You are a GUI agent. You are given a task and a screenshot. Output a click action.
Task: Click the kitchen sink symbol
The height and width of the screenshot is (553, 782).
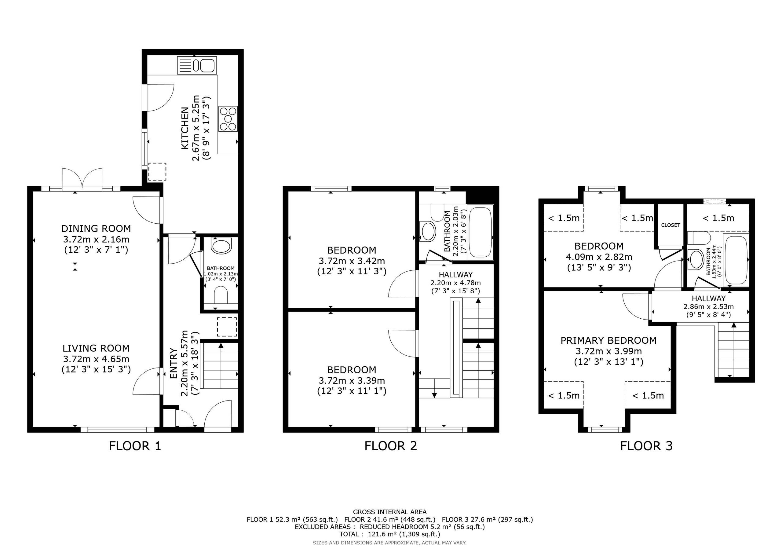(197, 65)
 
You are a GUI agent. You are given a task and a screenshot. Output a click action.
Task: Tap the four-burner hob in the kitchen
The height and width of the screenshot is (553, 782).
(228, 119)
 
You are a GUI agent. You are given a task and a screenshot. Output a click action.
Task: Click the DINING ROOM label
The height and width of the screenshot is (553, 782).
(96, 228)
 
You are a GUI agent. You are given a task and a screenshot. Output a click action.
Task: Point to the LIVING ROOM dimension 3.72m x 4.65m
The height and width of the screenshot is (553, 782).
(96, 359)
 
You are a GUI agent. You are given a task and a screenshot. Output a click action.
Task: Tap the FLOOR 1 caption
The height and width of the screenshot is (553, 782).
(135, 446)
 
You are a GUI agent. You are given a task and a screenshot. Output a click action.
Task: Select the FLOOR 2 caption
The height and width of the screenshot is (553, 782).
(391, 446)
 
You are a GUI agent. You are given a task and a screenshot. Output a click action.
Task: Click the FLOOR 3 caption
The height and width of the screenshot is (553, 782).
(646, 446)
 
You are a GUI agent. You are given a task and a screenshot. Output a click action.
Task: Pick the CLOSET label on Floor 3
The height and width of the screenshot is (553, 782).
(671, 225)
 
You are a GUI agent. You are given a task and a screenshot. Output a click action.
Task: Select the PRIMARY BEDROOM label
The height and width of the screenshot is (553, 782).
(608, 340)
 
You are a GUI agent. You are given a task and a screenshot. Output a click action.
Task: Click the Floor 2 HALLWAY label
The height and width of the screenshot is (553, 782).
(456, 274)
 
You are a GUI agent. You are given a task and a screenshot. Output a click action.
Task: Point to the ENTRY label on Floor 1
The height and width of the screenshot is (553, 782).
(174, 363)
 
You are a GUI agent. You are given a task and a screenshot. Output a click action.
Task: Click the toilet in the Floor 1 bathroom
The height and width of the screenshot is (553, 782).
(221, 295)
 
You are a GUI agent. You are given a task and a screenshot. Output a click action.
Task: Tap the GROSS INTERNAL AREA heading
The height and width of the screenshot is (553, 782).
(390, 512)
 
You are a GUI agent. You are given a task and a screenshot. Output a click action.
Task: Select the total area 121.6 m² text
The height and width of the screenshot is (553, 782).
(390, 534)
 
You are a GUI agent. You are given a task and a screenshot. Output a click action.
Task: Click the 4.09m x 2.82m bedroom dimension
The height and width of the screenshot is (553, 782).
(599, 257)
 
